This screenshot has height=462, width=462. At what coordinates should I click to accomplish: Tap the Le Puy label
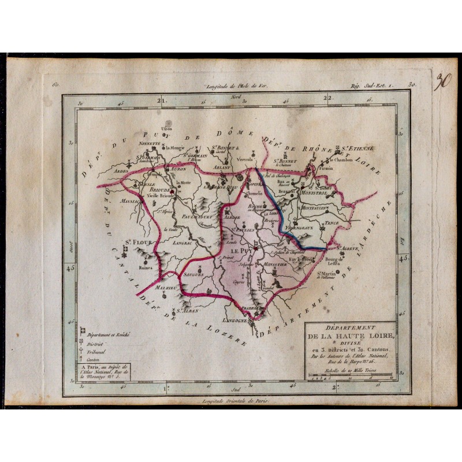pyautogui.click(x=240, y=252)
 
